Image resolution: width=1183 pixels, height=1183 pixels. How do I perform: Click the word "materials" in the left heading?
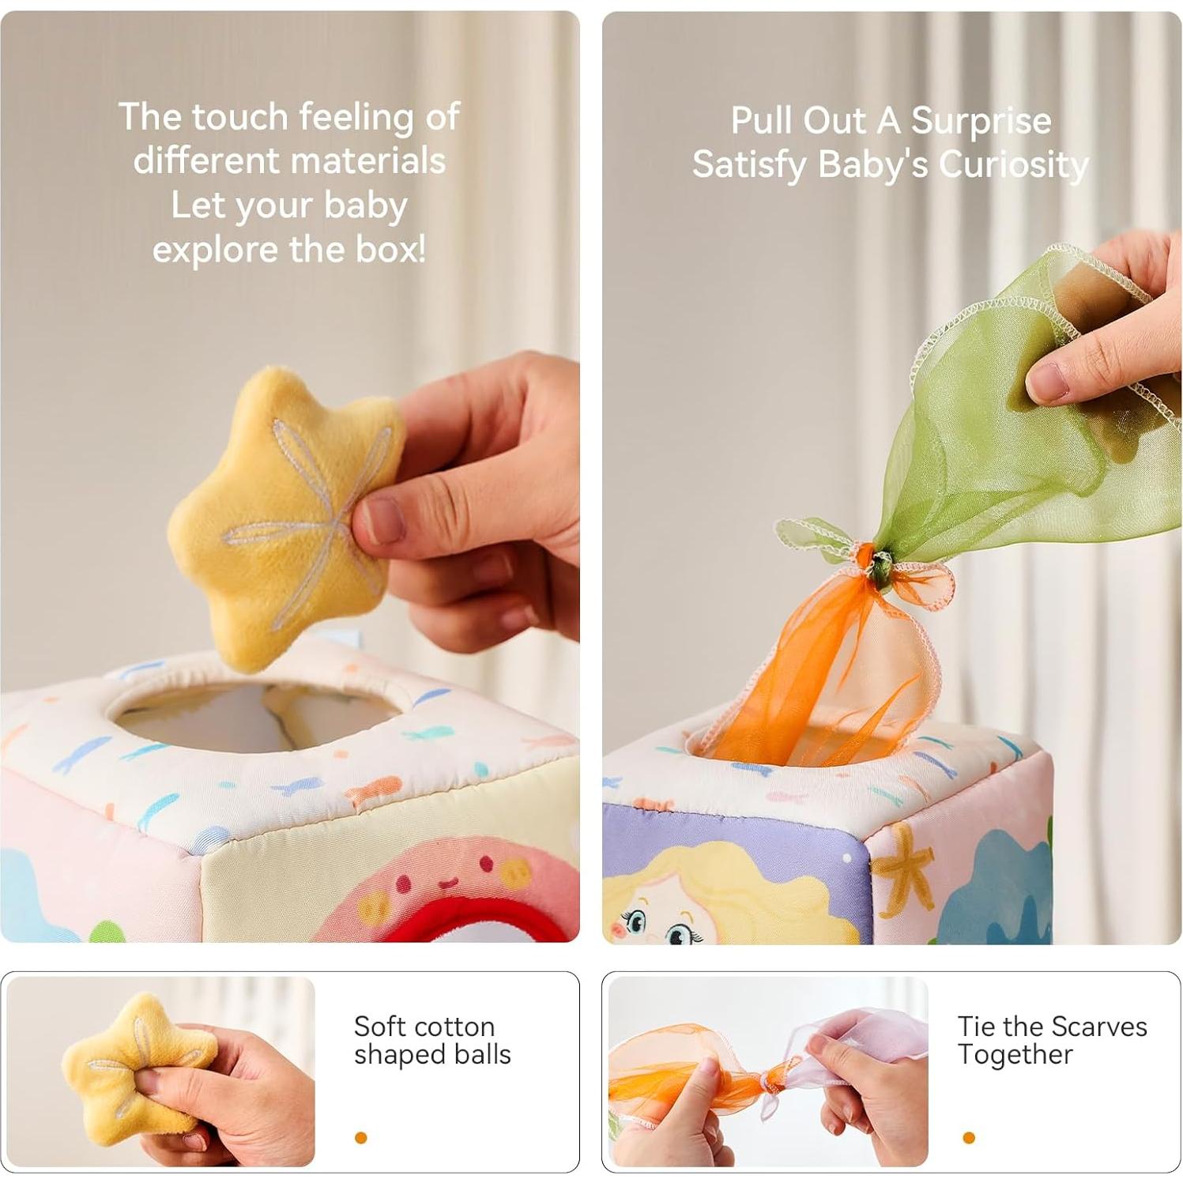coord(289,160)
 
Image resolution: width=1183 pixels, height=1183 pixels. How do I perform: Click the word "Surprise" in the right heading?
coord(981,121)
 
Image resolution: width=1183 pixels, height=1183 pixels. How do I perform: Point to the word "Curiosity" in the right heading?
coord(1013,165)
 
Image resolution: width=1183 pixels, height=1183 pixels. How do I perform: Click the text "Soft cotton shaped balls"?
coord(431,1041)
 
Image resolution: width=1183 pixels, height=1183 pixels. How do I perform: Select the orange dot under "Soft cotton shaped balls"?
coord(361,1138)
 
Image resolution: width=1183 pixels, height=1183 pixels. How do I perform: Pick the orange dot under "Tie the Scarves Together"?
coord(969,1138)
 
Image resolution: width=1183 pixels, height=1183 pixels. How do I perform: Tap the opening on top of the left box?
coord(253,715)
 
